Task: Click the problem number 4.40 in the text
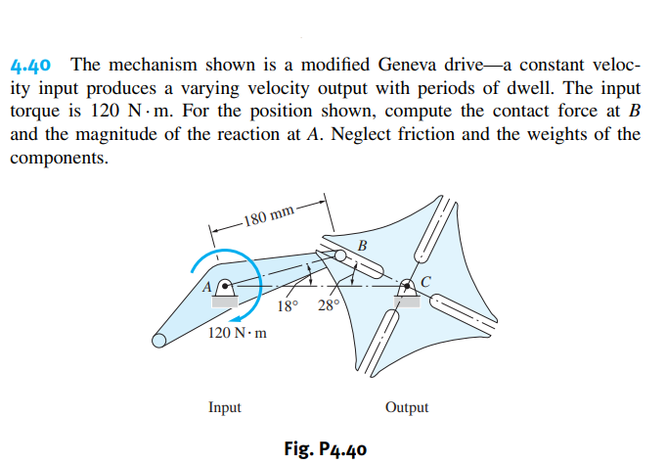coord(33,67)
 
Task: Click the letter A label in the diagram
coord(207,287)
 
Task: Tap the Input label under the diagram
coord(225,407)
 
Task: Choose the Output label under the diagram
coord(407,407)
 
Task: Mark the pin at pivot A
coord(225,288)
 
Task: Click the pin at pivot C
coord(407,288)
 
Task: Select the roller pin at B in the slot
coord(342,256)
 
